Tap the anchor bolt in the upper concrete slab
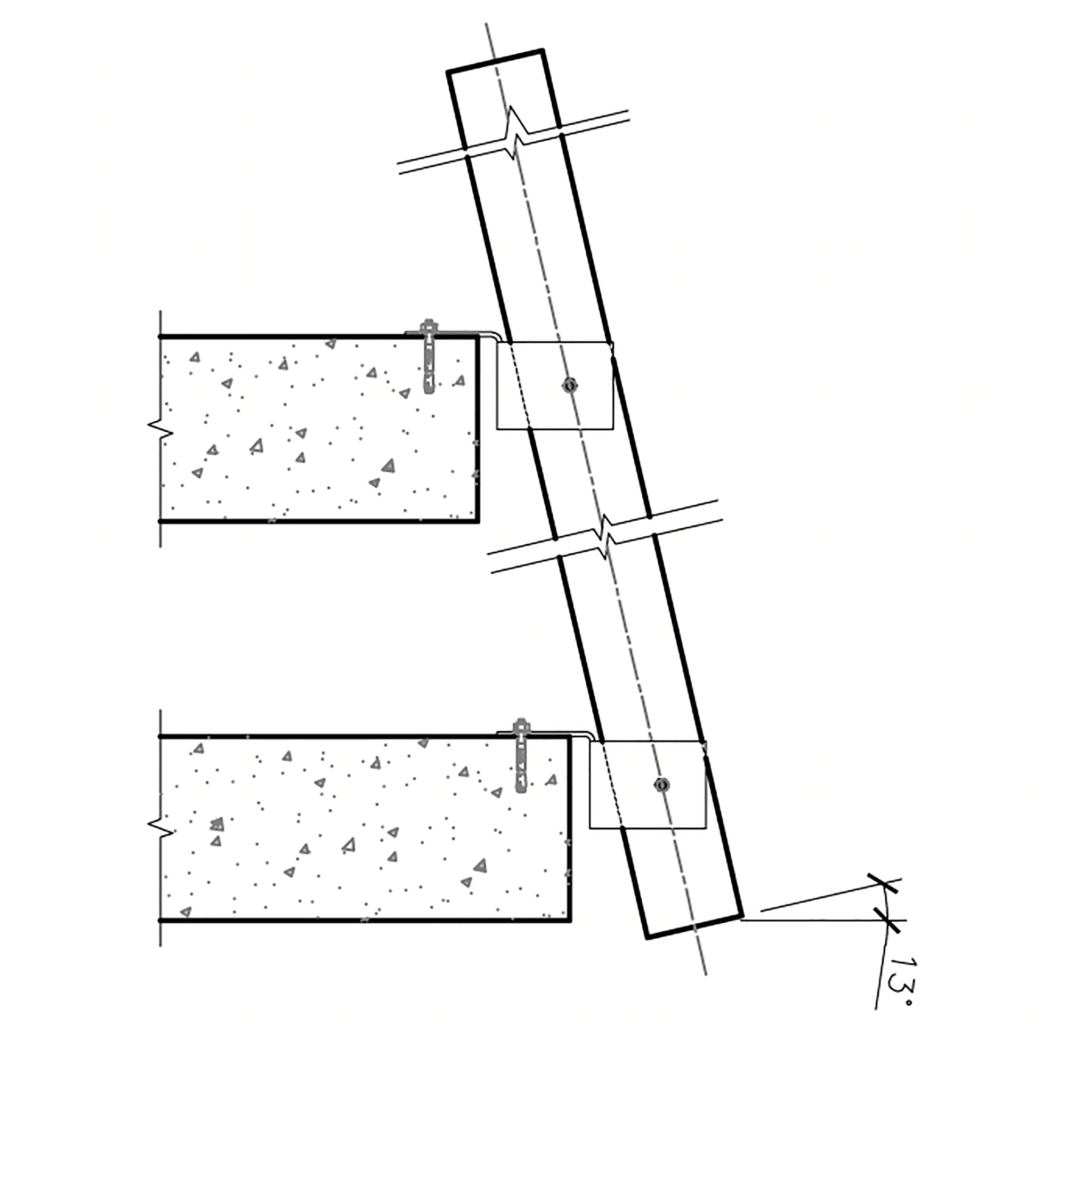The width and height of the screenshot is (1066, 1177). point(429,356)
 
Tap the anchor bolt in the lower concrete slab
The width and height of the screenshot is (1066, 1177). point(521,755)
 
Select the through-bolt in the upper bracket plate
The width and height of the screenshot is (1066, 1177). point(570,385)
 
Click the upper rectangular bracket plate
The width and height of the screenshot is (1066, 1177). point(555,386)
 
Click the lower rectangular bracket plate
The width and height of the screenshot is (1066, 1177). point(648,785)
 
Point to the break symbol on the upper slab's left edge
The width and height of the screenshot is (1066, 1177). point(160,429)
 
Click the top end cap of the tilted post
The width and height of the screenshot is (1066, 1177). point(496,61)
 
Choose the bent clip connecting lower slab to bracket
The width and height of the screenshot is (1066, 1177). point(546,733)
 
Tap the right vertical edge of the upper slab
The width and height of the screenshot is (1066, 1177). point(478,428)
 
